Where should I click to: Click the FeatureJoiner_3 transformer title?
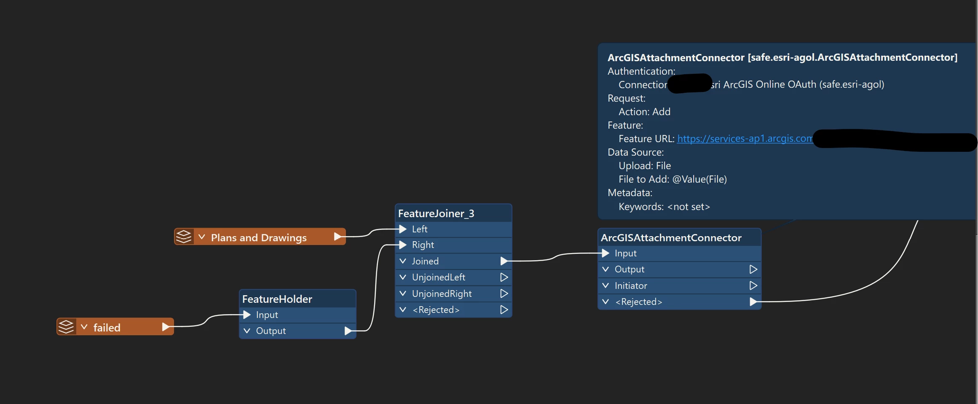click(x=436, y=214)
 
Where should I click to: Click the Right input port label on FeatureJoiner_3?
click(x=423, y=245)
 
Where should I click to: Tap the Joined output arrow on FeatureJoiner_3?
click(x=504, y=261)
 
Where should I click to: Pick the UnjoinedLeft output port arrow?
click(x=504, y=277)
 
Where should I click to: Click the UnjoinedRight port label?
click(x=442, y=294)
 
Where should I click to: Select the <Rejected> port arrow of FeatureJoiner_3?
click(x=504, y=310)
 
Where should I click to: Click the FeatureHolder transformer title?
click(x=277, y=299)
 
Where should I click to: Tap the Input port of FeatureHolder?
click(x=247, y=315)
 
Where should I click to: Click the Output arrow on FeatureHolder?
click(x=348, y=331)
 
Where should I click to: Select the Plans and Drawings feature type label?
click(x=259, y=238)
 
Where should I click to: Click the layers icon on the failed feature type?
click(x=66, y=327)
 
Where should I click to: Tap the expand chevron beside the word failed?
click(x=84, y=327)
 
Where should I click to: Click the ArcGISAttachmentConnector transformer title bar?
click(x=671, y=238)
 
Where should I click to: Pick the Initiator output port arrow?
click(x=753, y=285)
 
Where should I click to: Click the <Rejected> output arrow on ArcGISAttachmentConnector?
click(x=753, y=302)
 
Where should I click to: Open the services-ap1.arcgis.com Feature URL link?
click(x=745, y=139)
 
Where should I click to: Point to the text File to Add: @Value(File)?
click(x=673, y=179)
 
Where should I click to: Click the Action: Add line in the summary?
click(x=644, y=112)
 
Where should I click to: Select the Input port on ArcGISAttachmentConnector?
click(x=606, y=253)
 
